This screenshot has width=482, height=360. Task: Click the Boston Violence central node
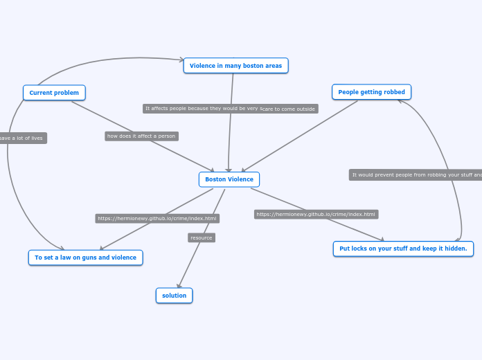click(x=229, y=179)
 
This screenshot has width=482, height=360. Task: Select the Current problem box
click(x=54, y=93)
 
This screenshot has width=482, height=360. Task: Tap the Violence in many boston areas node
click(x=235, y=66)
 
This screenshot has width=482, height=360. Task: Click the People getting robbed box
click(x=371, y=92)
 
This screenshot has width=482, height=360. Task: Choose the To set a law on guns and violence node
click(x=85, y=258)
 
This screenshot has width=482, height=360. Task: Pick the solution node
click(x=174, y=296)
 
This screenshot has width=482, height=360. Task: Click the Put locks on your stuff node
click(x=402, y=249)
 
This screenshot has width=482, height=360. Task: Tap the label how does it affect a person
click(x=141, y=136)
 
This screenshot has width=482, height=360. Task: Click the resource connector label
click(x=202, y=237)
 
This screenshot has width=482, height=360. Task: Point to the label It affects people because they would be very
click(x=201, y=109)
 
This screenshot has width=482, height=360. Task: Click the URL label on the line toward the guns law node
click(x=157, y=219)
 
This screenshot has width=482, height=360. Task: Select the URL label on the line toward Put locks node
click(x=316, y=215)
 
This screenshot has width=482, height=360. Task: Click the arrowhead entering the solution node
click(x=179, y=285)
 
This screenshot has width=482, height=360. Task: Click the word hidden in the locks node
click(x=453, y=249)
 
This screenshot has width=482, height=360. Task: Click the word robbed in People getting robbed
click(x=393, y=92)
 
